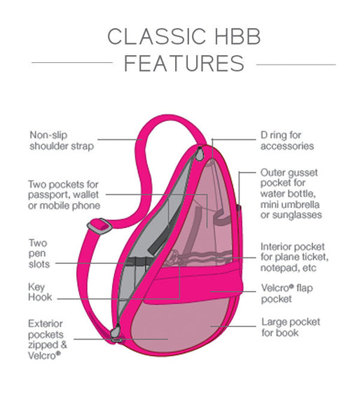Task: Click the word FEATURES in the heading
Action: point(184,64)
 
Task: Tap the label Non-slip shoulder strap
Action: point(61,141)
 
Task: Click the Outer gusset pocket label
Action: point(291,193)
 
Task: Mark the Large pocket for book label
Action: point(290,327)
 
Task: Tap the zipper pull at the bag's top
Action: point(201,153)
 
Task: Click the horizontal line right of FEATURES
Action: point(296,64)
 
